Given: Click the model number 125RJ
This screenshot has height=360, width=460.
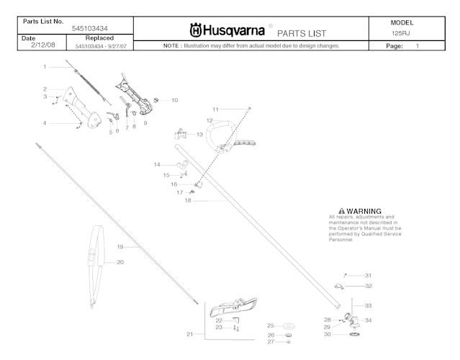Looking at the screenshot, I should coord(402,33).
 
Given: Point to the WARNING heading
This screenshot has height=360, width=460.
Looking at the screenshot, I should coord(364,211).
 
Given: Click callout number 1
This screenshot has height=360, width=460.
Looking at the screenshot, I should coord(44,66).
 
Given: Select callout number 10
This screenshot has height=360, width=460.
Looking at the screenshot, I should coord(173,100).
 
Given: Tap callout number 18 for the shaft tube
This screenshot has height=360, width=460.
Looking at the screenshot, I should coord(187,201).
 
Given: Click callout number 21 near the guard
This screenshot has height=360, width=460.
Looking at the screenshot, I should coord(189,334).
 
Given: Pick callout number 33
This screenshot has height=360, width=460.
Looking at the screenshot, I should coord(368,305).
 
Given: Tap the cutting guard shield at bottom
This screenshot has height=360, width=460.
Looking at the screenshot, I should coord(234,307).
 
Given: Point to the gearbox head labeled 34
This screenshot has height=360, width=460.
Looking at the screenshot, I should coord(352,319).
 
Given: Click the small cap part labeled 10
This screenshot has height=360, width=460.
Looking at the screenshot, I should coord(159,100).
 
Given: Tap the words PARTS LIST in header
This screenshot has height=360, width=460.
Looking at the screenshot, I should coord(302,33).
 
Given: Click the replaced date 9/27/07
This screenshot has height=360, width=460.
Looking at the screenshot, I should coord(114,46).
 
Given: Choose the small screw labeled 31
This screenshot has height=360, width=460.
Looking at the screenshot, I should coord(346,275).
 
